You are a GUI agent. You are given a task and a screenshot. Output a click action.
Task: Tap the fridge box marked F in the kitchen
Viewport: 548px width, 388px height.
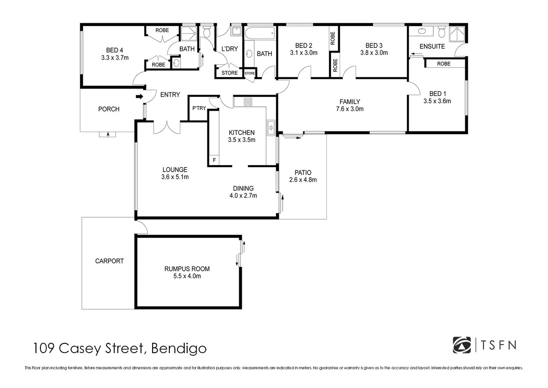click(x=214, y=160)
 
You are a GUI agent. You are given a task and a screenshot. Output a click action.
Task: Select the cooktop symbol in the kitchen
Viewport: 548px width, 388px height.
click(x=248, y=102)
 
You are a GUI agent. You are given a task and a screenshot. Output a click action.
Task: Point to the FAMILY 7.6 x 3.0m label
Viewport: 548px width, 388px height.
click(x=350, y=105)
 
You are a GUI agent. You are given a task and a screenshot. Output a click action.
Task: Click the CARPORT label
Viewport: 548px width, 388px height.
click(x=109, y=261)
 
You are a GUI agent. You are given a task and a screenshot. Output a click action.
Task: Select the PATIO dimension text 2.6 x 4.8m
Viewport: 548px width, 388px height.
click(x=303, y=180)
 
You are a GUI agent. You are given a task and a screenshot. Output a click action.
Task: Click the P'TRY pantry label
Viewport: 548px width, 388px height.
click(x=199, y=108)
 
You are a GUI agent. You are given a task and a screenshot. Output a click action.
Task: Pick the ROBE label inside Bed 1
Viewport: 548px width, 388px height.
click(x=444, y=64)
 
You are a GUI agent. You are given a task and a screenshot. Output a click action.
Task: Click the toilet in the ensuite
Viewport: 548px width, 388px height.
click(x=441, y=32)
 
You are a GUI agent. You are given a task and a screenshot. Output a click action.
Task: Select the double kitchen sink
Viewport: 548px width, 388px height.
click(x=271, y=128)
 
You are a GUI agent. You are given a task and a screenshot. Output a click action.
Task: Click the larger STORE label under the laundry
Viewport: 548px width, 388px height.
click(x=229, y=73)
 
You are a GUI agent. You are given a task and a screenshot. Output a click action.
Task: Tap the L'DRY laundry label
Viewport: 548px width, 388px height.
click(x=230, y=49)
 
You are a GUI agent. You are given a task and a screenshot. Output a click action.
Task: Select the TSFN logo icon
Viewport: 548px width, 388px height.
click(x=462, y=345)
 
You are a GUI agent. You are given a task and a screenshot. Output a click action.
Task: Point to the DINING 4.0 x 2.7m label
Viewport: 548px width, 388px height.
click(x=243, y=192)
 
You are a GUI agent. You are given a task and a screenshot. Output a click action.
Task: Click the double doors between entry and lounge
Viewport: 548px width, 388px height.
click(x=167, y=128)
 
